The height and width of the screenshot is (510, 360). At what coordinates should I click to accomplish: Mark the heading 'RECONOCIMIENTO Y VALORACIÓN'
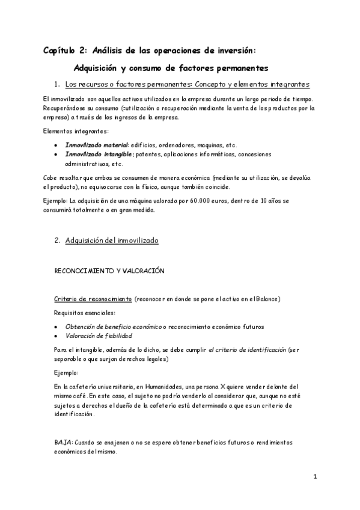coord(109,271)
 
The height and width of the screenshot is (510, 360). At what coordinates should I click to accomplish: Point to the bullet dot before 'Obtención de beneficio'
coord(56,327)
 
